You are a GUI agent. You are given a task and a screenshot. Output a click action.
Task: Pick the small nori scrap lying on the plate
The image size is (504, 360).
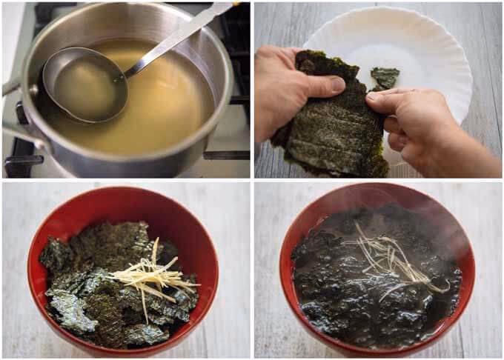tap(385, 76)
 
